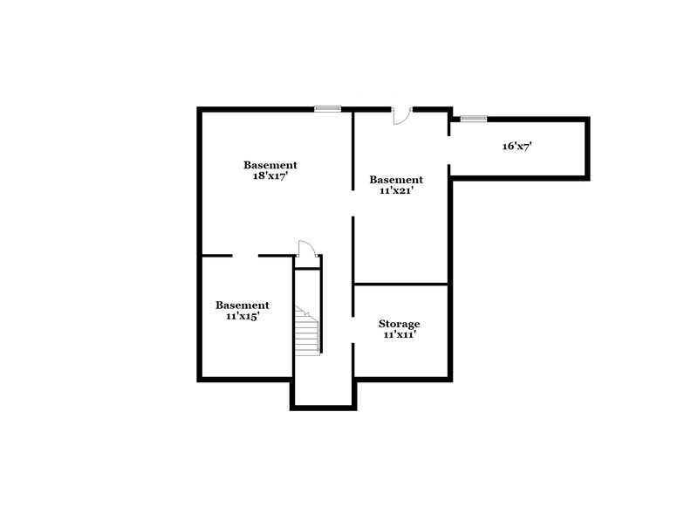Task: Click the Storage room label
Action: pos(400,323)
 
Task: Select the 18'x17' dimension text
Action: pos(270,175)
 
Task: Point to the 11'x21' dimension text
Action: pos(395,190)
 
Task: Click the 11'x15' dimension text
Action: pos(243,316)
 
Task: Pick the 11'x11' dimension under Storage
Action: pos(400,334)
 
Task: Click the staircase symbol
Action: pos(306,331)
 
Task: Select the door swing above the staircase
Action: pos(305,248)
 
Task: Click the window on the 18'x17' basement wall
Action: pos(327,108)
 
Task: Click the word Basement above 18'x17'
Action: pos(270,164)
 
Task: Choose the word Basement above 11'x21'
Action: pos(395,180)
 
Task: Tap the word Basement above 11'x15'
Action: pos(243,305)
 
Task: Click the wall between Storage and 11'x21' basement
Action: pos(400,284)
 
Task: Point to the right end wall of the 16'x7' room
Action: pos(587,147)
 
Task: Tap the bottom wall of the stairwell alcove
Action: pos(324,406)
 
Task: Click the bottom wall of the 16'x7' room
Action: pos(519,175)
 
